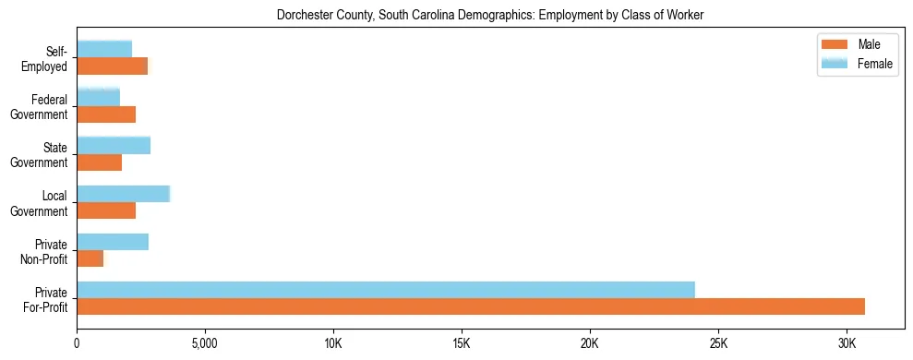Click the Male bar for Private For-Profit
(471, 306)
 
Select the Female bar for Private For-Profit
(386, 290)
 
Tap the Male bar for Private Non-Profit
(90, 258)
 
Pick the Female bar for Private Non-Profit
(113, 242)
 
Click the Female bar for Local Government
(124, 194)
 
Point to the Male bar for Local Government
(106, 210)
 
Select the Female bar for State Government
(114, 146)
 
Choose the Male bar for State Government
(100, 162)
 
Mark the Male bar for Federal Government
(106, 114)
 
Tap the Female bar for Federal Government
(99, 97)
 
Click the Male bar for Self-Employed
(113, 66)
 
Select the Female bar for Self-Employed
(104, 49)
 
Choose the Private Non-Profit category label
(49, 251)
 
